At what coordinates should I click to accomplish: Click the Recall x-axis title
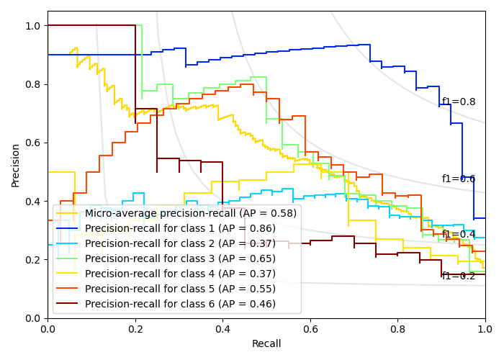[x=266, y=344]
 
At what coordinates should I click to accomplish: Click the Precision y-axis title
[x=16, y=165]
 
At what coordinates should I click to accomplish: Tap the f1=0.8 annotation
[x=459, y=102]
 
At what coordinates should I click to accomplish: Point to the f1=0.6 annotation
[x=459, y=179]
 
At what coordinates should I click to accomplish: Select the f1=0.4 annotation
[x=459, y=234]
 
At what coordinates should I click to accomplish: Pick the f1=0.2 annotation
[x=459, y=276]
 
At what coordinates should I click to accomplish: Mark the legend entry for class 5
[x=180, y=289]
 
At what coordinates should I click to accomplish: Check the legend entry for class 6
[x=180, y=304]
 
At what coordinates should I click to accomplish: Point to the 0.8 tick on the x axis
[x=397, y=328]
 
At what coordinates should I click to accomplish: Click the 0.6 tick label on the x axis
[x=310, y=328]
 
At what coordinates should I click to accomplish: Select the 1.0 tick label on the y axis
[x=33, y=26]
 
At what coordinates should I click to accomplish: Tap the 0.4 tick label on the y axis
[x=33, y=201]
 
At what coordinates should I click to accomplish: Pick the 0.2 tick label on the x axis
[x=135, y=328]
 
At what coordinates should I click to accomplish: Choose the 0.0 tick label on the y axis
[x=33, y=318]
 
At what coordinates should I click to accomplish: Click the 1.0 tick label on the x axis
[x=485, y=328]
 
